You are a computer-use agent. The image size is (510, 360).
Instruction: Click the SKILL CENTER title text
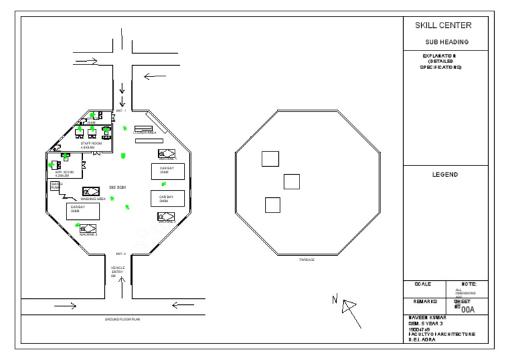tap(443, 26)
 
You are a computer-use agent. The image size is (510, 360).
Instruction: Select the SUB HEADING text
tap(443, 42)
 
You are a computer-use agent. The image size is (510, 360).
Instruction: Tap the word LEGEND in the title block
tap(443, 175)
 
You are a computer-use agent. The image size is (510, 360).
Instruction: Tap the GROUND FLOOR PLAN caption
tap(123, 319)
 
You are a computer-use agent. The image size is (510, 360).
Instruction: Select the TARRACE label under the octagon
tap(306, 260)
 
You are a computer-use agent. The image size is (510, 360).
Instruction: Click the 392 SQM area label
tap(118, 188)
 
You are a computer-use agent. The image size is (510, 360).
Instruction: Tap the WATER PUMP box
tap(56, 186)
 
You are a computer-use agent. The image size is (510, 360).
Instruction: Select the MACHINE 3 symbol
tap(88, 229)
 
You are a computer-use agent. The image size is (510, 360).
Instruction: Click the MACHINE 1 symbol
tap(166, 154)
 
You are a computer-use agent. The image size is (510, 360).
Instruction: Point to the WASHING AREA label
tap(93, 199)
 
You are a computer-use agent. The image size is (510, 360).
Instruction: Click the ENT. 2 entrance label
tap(121, 254)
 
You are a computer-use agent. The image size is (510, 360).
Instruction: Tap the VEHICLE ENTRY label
tap(118, 270)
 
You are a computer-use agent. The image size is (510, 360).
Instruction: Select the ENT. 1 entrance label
tap(121, 110)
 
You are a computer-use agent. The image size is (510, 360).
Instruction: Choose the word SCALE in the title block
tap(423, 284)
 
